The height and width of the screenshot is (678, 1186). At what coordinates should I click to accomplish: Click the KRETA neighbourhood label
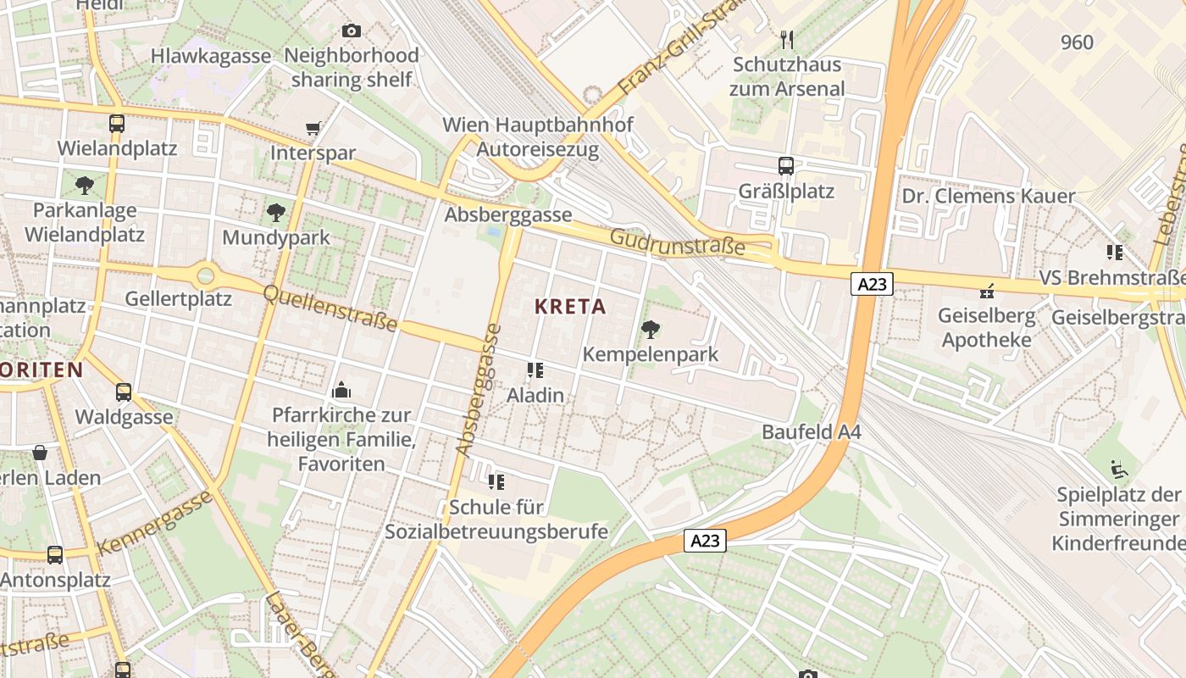coord(570,307)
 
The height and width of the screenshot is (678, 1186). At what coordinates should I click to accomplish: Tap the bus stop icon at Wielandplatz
coord(117,124)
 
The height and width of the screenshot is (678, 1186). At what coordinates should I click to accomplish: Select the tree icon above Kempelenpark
coord(651,330)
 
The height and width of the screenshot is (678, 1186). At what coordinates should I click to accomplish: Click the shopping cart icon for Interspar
coord(313,129)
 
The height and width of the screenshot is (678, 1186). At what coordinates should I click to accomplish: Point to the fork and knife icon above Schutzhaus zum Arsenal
coord(787,39)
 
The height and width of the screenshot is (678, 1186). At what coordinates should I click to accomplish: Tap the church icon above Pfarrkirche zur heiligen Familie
coord(341,390)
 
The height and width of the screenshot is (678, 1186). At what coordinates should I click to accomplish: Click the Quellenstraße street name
coord(330,308)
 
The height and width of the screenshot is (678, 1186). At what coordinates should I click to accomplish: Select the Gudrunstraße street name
coord(678,242)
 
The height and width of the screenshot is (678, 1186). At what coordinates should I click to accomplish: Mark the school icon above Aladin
coord(535,370)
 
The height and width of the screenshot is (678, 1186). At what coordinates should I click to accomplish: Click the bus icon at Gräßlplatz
coord(786,166)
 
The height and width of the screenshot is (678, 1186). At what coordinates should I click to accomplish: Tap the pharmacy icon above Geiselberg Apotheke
coord(986,292)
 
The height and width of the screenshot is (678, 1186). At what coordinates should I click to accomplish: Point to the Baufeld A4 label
coord(811,432)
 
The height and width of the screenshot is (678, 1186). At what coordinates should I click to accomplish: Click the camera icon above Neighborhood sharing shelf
coord(351,31)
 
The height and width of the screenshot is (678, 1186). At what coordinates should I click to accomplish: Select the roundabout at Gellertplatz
coord(205,275)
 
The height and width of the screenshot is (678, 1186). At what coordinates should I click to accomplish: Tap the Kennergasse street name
coord(154,522)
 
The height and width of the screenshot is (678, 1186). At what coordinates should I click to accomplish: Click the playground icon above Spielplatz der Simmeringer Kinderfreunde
coord(1119,469)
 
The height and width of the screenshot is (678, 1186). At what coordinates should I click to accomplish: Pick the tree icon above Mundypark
coord(275,212)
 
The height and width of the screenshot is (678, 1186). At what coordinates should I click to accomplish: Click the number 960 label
coord(1077,42)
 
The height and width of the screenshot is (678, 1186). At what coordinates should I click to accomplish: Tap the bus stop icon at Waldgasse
coord(124,392)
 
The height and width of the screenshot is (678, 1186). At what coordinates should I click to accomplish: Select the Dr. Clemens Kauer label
coord(988,197)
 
